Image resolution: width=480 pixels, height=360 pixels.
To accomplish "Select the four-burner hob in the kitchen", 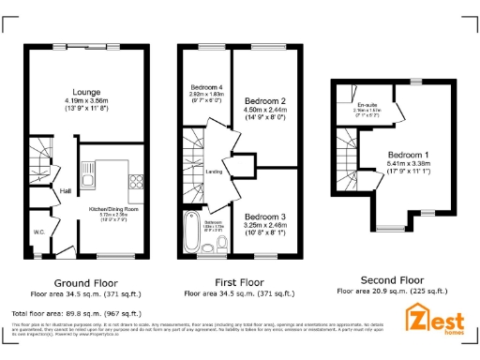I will click(x=135, y=180).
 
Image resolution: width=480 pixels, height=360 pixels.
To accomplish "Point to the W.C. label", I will click(x=39, y=230).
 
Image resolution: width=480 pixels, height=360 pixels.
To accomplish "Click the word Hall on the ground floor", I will click(x=66, y=190).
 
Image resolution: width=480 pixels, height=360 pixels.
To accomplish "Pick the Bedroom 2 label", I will click(x=264, y=99).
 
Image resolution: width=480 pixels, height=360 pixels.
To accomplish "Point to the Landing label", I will click(x=214, y=172).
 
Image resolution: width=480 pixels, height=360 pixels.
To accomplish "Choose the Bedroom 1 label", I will click(x=411, y=155).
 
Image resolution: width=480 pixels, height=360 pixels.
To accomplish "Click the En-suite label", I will click(x=366, y=104).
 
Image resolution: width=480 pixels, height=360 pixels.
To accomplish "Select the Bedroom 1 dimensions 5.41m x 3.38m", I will click(x=411, y=165).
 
